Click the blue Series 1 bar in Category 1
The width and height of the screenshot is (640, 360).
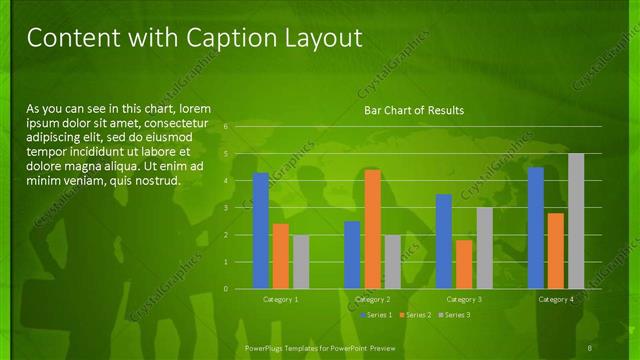click(x=261, y=231)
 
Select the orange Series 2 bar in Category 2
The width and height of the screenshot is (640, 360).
click(x=372, y=229)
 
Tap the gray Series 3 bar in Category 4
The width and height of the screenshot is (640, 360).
click(x=576, y=221)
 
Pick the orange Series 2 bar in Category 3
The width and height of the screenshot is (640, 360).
click(x=464, y=264)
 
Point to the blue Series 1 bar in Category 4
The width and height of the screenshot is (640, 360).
click(x=536, y=228)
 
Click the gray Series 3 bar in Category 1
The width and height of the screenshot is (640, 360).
click(x=301, y=262)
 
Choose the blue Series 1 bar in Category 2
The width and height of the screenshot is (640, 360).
click(x=352, y=255)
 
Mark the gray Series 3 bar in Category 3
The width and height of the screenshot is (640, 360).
click(x=484, y=248)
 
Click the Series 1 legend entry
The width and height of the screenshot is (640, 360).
click(x=376, y=315)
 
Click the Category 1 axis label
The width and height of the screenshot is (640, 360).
click(x=281, y=299)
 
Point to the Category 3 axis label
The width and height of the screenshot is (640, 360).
click(x=464, y=299)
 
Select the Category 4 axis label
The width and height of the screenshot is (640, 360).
click(x=556, y=299)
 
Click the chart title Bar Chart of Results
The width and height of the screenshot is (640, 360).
click(x=413, y=110)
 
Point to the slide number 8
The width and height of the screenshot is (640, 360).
click(x=592, y=347)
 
